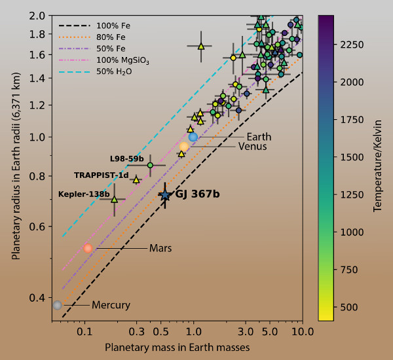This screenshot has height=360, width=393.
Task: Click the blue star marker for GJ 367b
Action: [x=165, y=195]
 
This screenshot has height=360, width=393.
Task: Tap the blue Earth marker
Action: [x=193, y=137]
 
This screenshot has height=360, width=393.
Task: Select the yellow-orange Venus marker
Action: [x=184, y=147]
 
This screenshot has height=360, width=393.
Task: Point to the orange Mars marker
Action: [x=88, y=248]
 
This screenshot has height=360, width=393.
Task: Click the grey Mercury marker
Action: [x=58, y=305]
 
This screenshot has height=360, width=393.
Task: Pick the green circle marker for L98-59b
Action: [x=150, y=165]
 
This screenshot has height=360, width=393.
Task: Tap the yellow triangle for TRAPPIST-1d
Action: [x=136, y=179]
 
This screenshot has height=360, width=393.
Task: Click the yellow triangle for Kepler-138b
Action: [x=114, y=199]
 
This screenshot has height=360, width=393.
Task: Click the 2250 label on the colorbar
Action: [x=352, y=44]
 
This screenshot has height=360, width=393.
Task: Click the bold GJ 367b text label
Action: [x=197, y=194]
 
